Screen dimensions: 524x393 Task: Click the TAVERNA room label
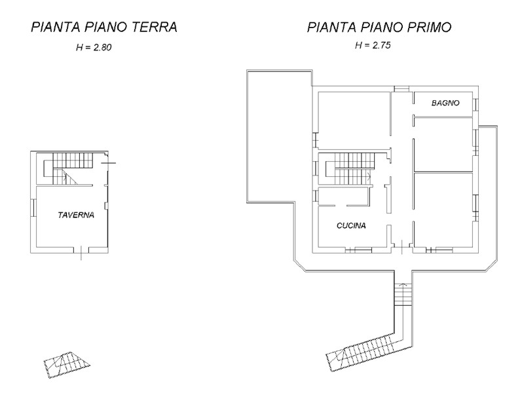point(76,215)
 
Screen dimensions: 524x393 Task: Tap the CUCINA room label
point(351,226)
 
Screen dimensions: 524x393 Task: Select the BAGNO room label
point(445,103)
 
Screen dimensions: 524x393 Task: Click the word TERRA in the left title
point(154,27)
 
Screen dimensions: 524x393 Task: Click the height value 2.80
point(102,47)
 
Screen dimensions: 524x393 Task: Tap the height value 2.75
point(381,45)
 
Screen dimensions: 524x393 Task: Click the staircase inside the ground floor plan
point(69,168)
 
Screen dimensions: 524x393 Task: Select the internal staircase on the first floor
point(350,168)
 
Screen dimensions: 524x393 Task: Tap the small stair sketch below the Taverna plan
point(67,364)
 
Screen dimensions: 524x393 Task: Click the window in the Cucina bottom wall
point(358,250)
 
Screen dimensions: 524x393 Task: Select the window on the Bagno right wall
point(476,104)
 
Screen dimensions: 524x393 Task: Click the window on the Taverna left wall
point(33,208)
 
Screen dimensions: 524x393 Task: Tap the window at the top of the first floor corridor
point(402,89)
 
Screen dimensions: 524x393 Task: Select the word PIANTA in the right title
point(331,27)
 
